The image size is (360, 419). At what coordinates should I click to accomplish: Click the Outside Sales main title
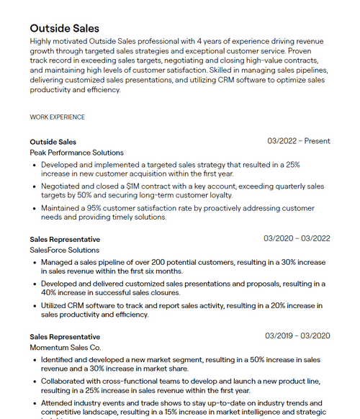(x=64, y=28)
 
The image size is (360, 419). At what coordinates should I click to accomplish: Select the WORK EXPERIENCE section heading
(x=57, y=117)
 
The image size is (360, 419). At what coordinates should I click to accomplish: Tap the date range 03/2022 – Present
(x=298, y=141)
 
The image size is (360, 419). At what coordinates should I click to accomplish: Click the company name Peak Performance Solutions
(x=76, y=153)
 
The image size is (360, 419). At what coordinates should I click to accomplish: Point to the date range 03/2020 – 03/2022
(x=297, y=238)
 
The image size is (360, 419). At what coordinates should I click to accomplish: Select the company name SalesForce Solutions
(x=64, y=250)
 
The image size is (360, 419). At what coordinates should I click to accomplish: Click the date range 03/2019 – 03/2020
(x=297, y=335)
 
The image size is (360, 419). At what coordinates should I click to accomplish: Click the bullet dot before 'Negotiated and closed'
(x=35, y=186)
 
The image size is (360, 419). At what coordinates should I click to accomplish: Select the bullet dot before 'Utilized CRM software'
(x=35, y=305)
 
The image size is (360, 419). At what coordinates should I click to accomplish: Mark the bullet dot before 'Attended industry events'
(x=35, y=402)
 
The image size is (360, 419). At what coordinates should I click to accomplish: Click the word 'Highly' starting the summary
(x=42, y=41)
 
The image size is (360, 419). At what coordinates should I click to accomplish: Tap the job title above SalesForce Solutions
(x=65, y=239)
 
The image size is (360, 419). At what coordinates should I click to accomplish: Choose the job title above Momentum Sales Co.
(x=65, y=336)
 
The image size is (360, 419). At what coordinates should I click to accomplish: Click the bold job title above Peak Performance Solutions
(x=53, y=142)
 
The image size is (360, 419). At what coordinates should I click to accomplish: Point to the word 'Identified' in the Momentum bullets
(x=58, y=359)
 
